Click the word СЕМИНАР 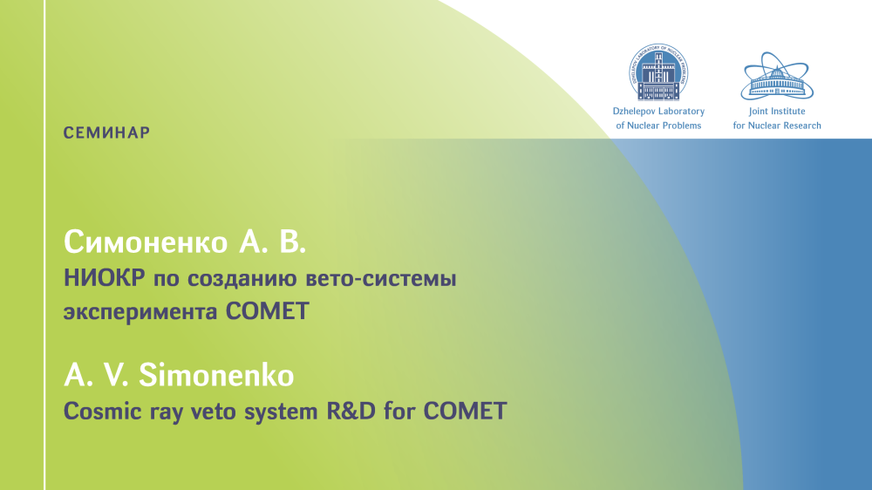coord(106,133)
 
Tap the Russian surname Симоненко coord(146,242)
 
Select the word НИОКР coord(105,277)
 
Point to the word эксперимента coord(140,313)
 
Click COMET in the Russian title coord(267,311)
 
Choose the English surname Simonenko coord(216,375)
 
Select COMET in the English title coord(465,411)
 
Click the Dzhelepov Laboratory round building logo coord(658,72)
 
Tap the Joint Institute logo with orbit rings coord(777,76)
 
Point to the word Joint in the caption coord(760,112)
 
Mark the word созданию coord(242,279)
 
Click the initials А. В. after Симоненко coord(272,242)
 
